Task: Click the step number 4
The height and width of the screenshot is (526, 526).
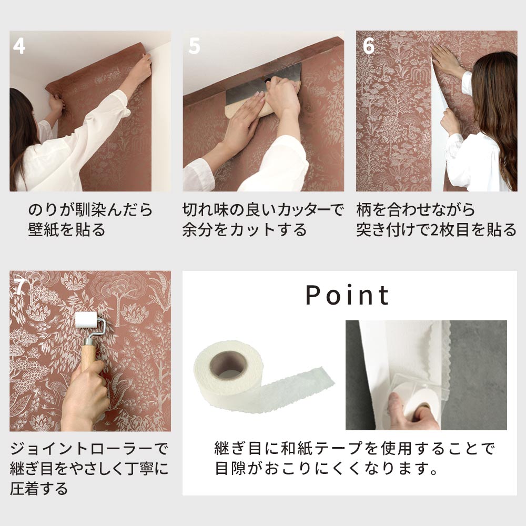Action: (x=19, y=46)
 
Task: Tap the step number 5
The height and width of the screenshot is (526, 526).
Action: (x=194, y=46)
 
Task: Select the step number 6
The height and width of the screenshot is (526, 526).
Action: (x=368, y=46)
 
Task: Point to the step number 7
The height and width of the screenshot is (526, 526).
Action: (x=19, y=287)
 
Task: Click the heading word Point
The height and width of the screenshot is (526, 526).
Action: (x=348, y=296)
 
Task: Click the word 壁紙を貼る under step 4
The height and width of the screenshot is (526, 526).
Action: (x=67, y=230)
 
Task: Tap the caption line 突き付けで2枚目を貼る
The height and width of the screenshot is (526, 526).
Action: (x=436, y=230)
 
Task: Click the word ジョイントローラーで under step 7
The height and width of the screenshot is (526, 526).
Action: (x=89, y=449)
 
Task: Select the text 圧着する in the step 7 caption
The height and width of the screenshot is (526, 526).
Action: (x=39, y=489)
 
